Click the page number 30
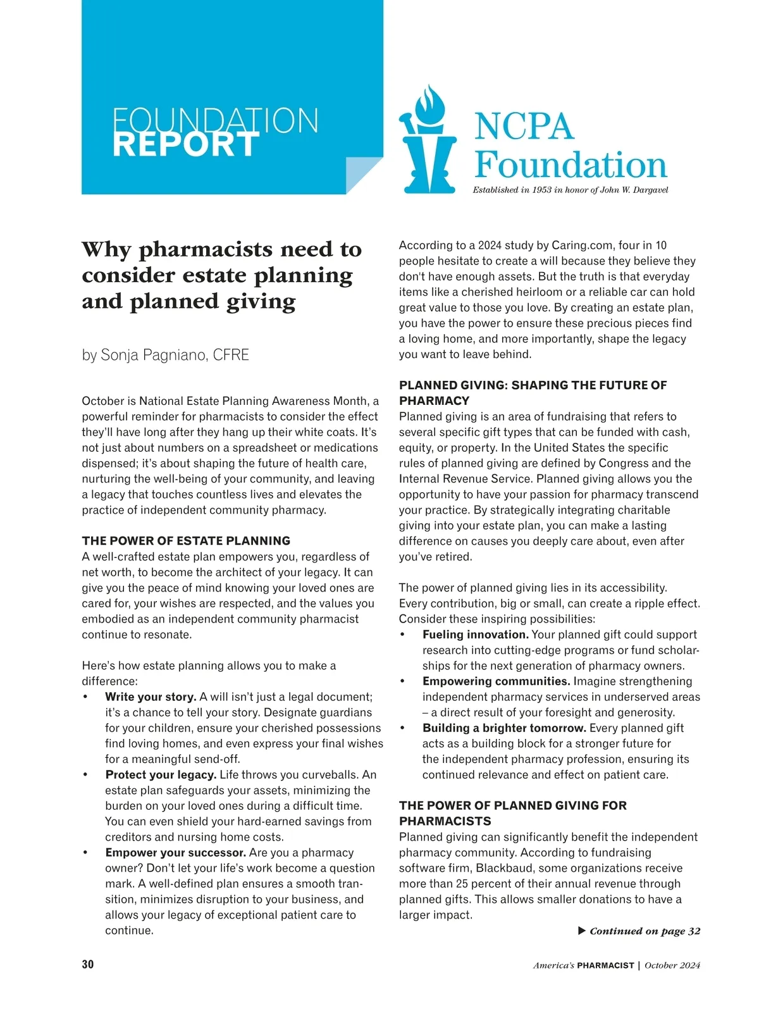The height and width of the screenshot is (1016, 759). tap(88, 965)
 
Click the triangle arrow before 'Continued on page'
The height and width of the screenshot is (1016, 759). tap(582, 931)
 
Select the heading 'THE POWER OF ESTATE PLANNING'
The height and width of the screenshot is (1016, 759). tap(186, 541)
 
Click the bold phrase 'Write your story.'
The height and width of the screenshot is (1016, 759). tap(151, 697)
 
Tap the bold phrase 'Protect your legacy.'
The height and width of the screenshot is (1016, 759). tap(161, 775)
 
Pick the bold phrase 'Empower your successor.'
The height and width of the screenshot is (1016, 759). tap(175, 853)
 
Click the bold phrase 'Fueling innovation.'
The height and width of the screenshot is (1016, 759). tap(475, 635)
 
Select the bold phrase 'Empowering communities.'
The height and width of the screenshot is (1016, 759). tap(497, 681)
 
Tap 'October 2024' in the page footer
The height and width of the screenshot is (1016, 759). tap(672, 965)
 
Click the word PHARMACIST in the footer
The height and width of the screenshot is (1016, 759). tap(605, 965)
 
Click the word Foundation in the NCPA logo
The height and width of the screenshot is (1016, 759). tap(571, 166)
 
